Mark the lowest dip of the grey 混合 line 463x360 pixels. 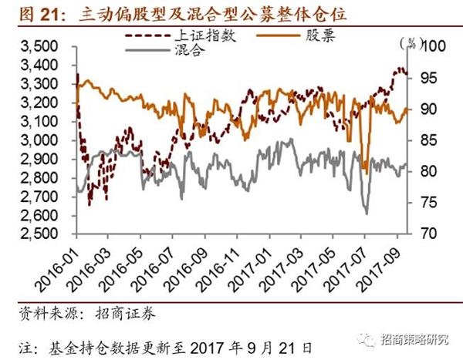point(366,214)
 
